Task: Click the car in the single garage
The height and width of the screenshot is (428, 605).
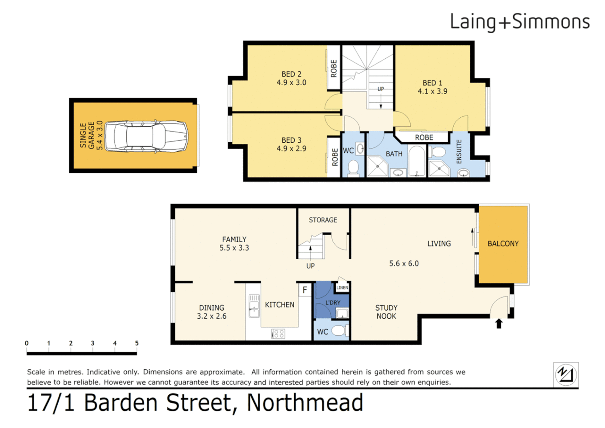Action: pos(146,136)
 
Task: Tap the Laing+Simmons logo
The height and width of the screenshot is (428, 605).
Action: pos(519,22)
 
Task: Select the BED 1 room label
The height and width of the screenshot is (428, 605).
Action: pos(432,83)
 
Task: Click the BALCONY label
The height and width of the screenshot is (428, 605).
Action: pos(503,244)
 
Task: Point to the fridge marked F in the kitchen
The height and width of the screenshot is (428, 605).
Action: pos(304,290)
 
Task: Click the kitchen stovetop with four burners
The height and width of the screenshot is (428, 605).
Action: pos(278,334)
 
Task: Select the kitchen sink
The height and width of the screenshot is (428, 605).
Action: pos(254,306)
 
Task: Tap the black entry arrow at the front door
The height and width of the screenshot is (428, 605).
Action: pos(499,324)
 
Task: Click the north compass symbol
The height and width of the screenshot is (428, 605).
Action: pos(566,374)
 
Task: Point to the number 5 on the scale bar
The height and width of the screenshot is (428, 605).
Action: pos(137,343)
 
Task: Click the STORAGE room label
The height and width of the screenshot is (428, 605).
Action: pos(323,220)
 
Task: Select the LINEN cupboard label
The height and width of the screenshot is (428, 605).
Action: pos(342,288)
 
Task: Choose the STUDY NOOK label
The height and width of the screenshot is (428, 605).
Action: pos(386,312)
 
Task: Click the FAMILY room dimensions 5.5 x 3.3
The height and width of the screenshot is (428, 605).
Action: pos(234,248)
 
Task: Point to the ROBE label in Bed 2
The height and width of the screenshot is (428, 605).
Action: pos(334,68)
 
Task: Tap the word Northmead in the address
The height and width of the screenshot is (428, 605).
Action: pos(305,403)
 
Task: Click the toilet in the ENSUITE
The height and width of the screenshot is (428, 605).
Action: pos(438,152)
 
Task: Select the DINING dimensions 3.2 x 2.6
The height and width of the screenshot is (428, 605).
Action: pos(211,316)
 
